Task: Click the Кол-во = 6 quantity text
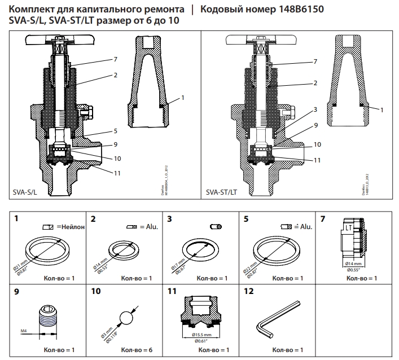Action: (x=135, y=350)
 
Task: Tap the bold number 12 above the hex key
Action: (x=247, y=292)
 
